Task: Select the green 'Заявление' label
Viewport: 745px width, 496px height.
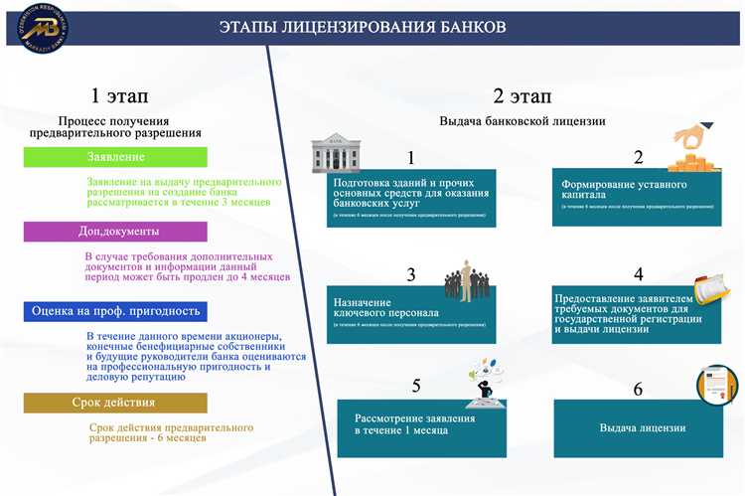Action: [116, 157]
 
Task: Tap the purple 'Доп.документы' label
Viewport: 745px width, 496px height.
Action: [116, 232]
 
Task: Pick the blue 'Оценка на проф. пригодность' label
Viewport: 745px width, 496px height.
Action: [116, 311]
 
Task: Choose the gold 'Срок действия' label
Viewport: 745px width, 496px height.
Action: [114, 403]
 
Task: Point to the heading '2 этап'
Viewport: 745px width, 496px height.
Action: [522, 95]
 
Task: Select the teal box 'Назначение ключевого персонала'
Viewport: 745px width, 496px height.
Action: [410, 312]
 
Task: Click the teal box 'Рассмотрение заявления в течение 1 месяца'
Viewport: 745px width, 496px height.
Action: [422, 424]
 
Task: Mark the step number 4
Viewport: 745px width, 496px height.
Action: [639, 273]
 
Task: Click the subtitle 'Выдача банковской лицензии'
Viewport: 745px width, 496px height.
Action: [522, 120]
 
